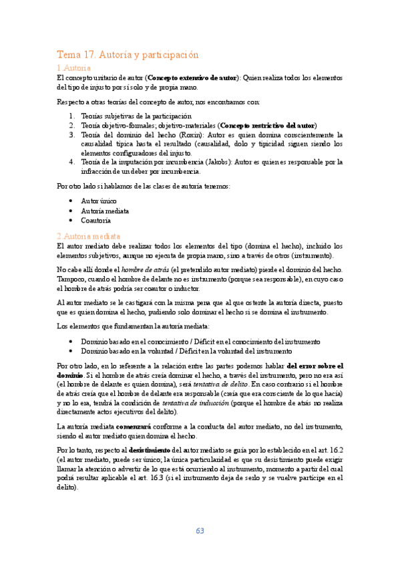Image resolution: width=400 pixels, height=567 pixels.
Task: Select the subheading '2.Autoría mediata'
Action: click(89, 236)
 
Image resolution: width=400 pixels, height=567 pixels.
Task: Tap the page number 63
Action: click(200, 530)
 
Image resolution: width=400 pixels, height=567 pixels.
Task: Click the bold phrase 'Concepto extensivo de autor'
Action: click(192, 78)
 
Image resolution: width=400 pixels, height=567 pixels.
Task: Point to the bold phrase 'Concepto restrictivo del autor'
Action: click(267, 125)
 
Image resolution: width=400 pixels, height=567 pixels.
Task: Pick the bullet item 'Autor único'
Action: click(98, 200)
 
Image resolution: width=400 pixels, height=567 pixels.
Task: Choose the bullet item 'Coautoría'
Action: click(95, 219)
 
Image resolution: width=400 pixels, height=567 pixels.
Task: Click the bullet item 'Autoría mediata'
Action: click(105, 210)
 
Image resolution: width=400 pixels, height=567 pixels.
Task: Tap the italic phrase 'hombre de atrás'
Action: click(144, 269)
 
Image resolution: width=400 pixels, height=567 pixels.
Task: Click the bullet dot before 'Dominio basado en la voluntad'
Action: click(72, 351)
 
